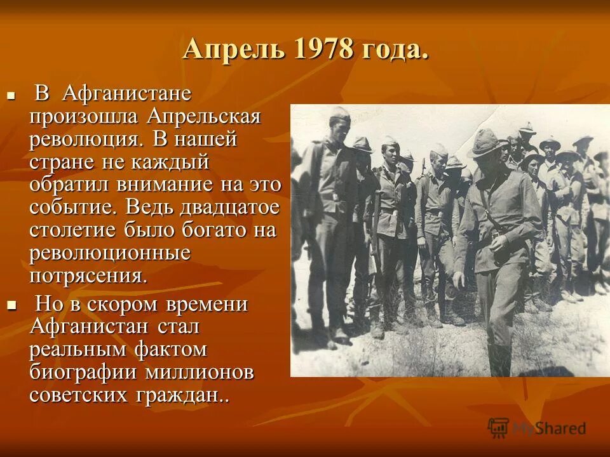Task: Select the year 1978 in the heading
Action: pos(323,49)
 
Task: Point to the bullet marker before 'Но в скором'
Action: pos(10,306)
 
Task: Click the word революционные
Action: pos(110,253)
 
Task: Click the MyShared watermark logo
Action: pos(537,428)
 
